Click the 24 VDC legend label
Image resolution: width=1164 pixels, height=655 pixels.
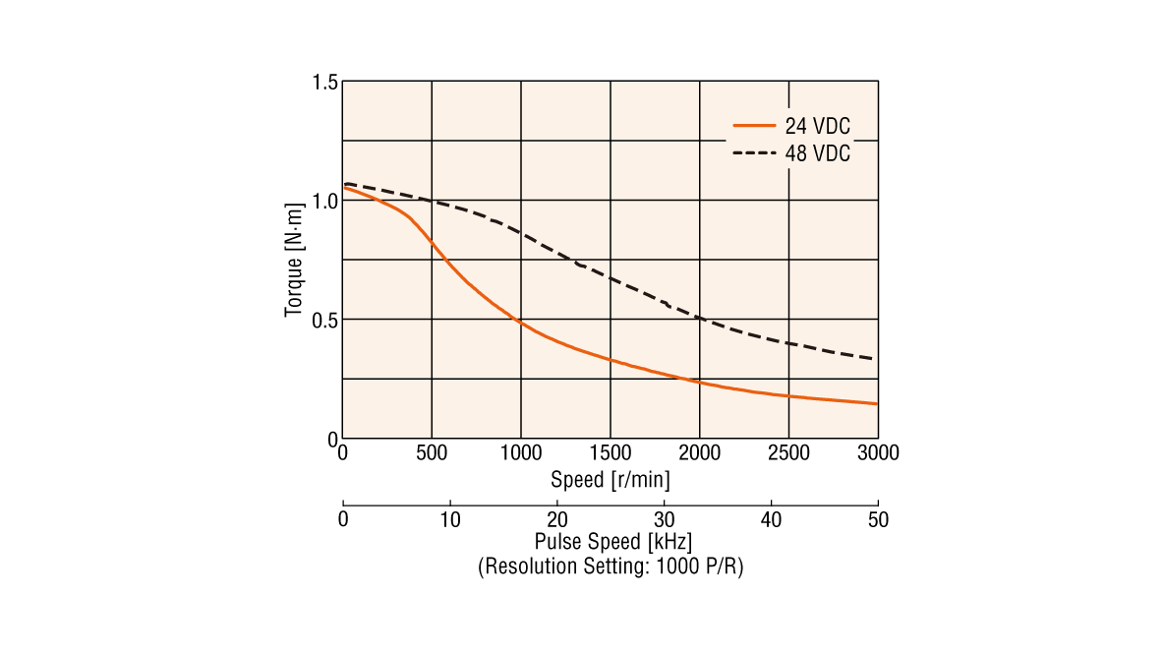[x=817, y=126]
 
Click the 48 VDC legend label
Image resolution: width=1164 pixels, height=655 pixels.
[x=817, y=153]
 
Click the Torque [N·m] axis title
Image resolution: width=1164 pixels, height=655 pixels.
[x=293, y=262]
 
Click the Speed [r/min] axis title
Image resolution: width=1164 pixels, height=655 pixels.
[x=611, y=480]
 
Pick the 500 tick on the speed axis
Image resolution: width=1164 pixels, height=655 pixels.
[x=432, y=453]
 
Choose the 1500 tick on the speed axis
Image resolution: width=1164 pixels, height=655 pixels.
[x=611, y=453]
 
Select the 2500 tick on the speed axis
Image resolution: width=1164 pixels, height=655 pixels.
[x=788, y=453]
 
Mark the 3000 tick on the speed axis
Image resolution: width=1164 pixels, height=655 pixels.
[x=878, y=453]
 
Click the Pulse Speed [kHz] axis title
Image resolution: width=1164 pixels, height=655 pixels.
[x=611, y=542]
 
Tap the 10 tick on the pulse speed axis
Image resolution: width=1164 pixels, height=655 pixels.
[x=449, y=519]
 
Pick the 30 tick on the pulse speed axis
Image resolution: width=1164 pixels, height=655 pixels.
[x=664, y=519]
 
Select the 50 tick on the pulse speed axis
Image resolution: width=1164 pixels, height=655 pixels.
[x=878, y=519]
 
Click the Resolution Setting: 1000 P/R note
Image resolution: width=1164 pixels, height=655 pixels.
[x=611, y=566]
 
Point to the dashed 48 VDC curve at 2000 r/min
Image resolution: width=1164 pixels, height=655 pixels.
[x=700, y=318]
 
